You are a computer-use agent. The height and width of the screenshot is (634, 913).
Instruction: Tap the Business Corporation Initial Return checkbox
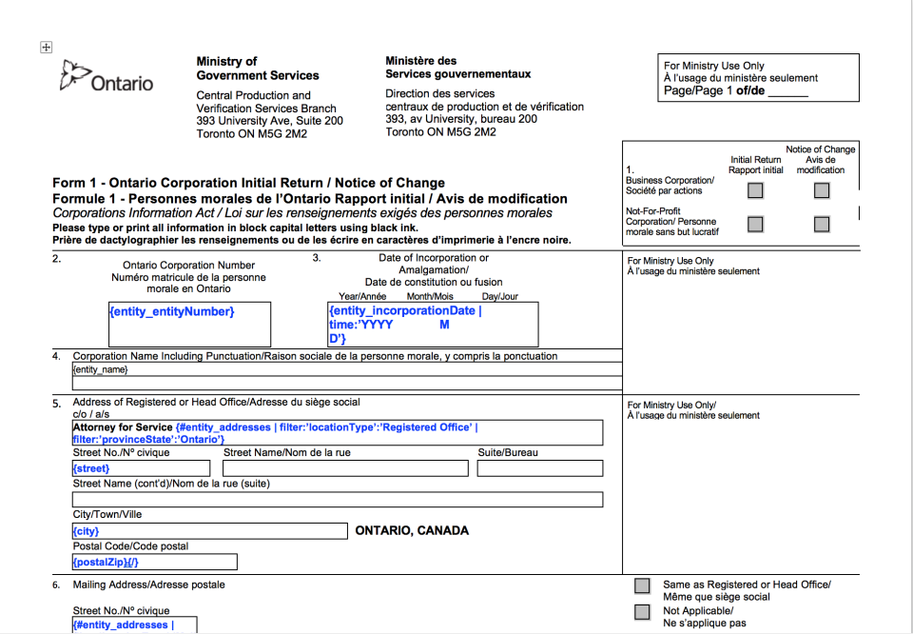click(755, 190)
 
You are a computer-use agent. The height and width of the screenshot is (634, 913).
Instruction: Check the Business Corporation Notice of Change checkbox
click(822, 190)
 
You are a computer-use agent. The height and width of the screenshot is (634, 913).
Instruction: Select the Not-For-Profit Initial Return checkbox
click(755, 225)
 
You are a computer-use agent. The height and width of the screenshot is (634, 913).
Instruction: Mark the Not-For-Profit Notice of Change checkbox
click(822, 225)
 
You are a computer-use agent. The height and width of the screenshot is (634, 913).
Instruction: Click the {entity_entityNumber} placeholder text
click(172, 312)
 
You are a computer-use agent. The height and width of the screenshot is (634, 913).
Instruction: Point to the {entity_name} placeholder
click(100, 369)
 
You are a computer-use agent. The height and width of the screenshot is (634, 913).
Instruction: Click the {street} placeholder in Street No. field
click(91, 468)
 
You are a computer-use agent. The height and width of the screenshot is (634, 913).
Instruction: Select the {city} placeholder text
click(86, 531)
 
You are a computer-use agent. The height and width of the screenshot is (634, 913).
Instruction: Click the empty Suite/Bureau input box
click(539, 468)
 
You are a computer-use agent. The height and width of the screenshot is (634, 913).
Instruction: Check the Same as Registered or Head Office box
click(643, 585)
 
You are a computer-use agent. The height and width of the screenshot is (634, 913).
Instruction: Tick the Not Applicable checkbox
click(643, 612)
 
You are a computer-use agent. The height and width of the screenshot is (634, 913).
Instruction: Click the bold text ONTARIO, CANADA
click(412, 531)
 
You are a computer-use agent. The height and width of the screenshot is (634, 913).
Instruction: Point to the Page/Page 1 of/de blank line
click(787, 93)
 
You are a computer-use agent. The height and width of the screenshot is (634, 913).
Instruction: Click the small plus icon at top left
click(46, 48)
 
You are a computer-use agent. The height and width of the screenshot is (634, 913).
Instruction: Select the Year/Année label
click(362, 296)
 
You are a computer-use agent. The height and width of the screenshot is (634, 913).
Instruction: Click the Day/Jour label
click(499, 296)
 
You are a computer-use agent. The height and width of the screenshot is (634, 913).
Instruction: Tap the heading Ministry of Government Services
click(257, 69)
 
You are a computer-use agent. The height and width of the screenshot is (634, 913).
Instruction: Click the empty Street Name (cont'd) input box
click(338, 500)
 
